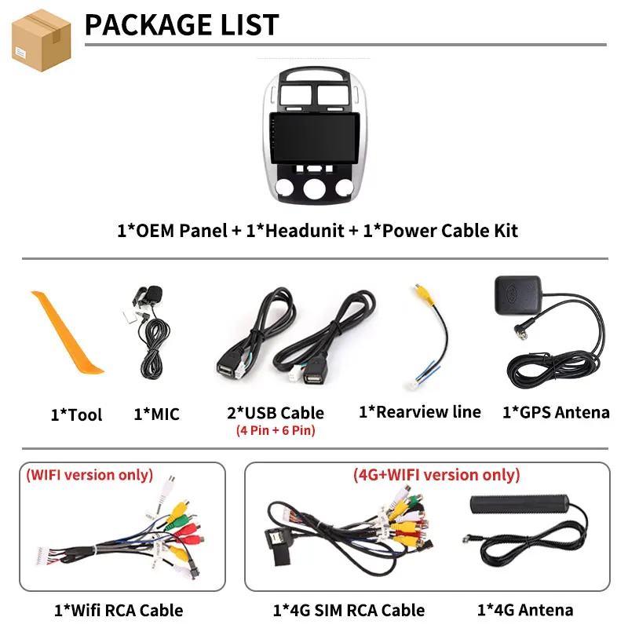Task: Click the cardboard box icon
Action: click(x=42, y=41)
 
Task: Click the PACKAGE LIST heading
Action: click(x=182, y=25)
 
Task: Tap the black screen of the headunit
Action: click(x=315, y=138)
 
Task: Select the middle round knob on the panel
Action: click(x=315, y=188)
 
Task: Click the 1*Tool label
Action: click(x=76, y=414)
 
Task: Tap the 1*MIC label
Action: click(x=156, y=414)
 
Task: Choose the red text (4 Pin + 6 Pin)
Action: click(x=276, y=430)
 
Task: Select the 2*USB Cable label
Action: click(x=276, y=413)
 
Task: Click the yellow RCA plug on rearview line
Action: click(x=423, y=294)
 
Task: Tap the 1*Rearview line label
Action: click(x=420, y=411)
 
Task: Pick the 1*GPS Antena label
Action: click(x=556, y=412)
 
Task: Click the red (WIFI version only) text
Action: click(x=89, y=475)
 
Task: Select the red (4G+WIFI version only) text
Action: click(x=436, y=475)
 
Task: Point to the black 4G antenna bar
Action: click(x=520, y=504)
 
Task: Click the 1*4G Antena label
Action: click(x=525, y=610)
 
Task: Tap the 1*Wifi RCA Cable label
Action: click(x=119, y=611)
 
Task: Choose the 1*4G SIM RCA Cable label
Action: click(x=349, y=611)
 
